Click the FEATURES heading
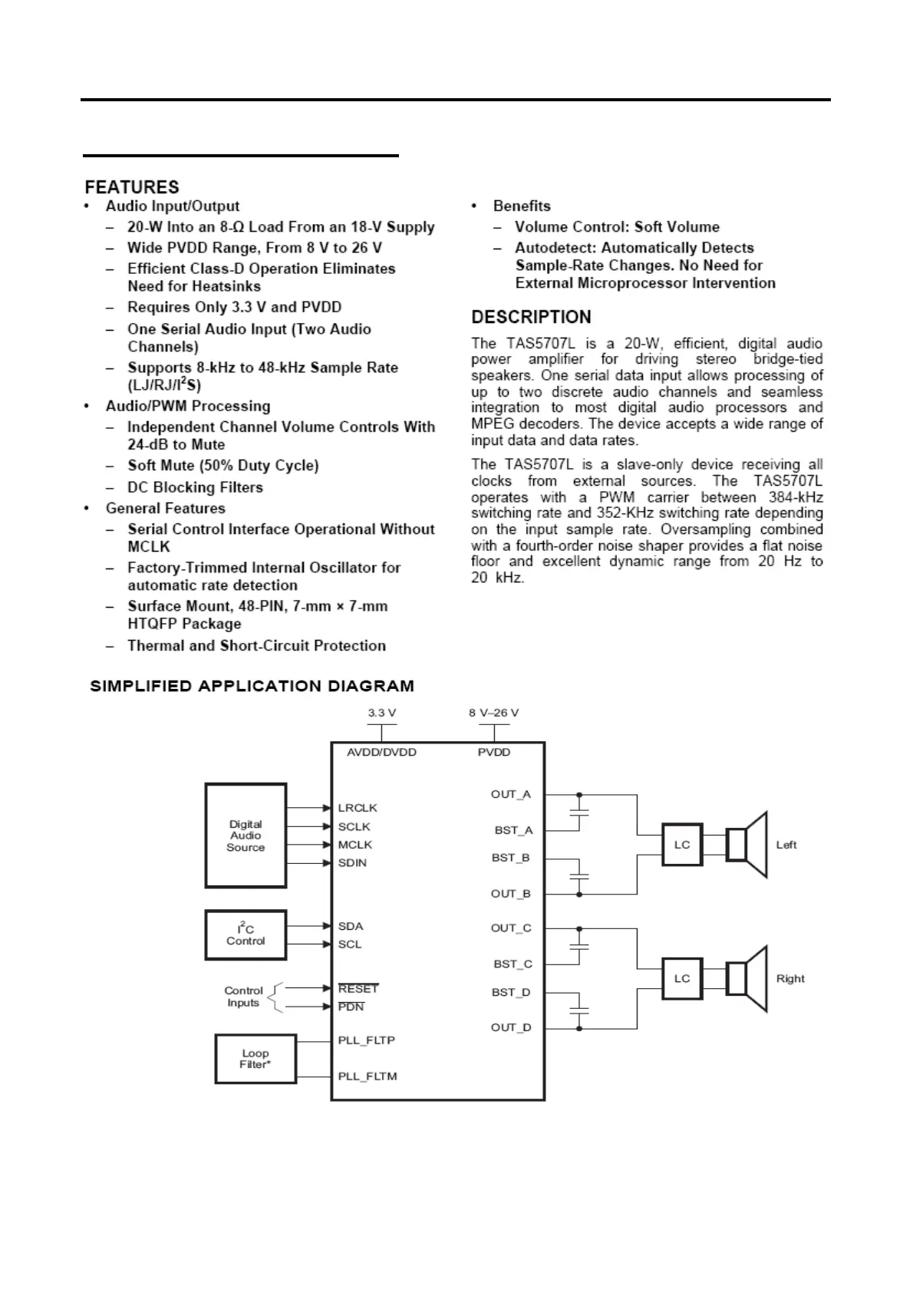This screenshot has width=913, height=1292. (132, 187)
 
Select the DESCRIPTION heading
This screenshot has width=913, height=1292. (531, 317)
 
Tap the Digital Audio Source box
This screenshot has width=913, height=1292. (246, 836)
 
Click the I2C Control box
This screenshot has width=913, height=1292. (246, 934)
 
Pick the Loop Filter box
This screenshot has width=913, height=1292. (255, 1059)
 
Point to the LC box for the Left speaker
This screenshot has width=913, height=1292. (682, 845)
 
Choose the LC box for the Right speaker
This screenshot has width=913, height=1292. (682, 978)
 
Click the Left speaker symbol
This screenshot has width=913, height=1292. (747, 845)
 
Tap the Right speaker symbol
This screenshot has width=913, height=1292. (747, 978)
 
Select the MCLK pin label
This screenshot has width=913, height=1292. (355, 845)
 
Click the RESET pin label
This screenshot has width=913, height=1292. (358, 989)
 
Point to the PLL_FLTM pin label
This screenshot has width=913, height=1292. (368, 1076)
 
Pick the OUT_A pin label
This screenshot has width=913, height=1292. (511, 794)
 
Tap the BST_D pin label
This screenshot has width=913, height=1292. (511, 992)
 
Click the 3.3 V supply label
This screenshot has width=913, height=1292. (381, 713)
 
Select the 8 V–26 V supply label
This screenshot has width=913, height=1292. (494, 713)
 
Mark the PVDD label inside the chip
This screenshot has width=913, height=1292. (494, 753)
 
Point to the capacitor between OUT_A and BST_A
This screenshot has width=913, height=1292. (580, 812)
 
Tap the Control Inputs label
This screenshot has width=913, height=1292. (243, 997)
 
